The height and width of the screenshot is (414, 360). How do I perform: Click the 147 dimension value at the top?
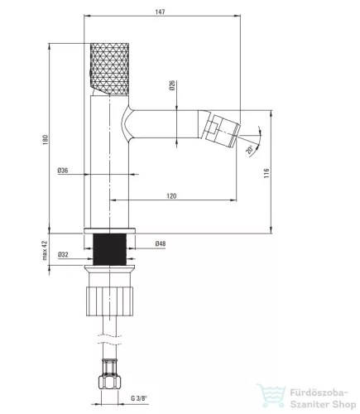point(160,12)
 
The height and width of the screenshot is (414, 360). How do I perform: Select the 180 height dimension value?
point(46,140)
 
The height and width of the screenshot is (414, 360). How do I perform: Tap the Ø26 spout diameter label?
point(172,85)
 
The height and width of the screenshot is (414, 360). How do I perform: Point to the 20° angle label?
point(249,149)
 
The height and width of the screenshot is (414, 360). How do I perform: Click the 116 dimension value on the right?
point(266,173)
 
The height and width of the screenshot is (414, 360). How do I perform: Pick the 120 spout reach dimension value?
point(171,196)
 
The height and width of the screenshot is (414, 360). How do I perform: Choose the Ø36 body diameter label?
point(63,171)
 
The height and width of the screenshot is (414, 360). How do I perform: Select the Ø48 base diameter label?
point(161,243)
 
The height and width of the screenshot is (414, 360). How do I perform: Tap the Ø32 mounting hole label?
point(63,254)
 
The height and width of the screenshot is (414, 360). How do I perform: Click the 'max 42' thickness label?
point(45,250)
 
